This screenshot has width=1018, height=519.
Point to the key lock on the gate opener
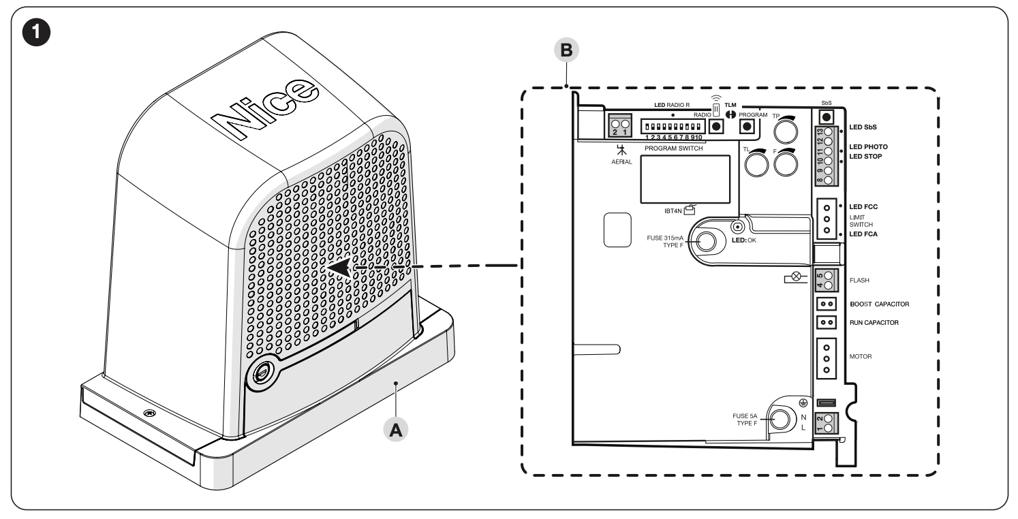(262, 374)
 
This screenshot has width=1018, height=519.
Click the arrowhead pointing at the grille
(341, 268)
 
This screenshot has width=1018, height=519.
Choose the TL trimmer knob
(756, 163)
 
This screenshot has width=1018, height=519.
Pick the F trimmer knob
(786, 163)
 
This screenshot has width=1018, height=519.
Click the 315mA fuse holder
(705, 240)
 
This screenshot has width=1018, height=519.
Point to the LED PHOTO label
(872, 146)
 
